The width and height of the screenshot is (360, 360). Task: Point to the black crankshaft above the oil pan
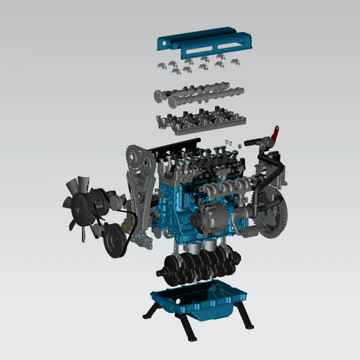pos(200,268)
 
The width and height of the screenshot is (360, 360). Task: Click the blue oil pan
pos(200,300)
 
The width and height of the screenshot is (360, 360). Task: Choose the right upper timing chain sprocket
pos(146,162)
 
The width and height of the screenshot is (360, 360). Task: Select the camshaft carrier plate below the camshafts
pos(200,122)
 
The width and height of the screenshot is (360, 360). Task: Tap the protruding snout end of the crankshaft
pos(161,273)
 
